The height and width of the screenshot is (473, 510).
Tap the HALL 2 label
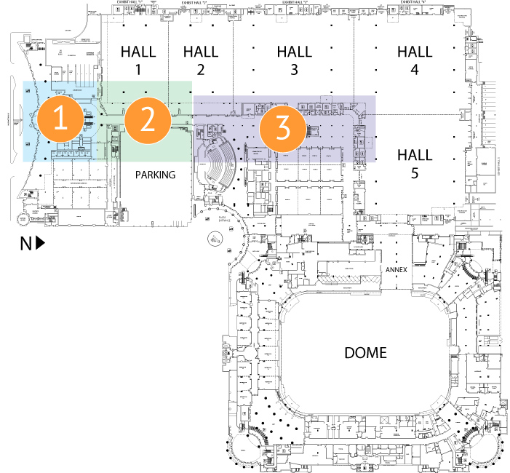coord(201,60)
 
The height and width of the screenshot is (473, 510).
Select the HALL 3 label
coord(294,60)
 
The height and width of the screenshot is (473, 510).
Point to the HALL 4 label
coord(415,60)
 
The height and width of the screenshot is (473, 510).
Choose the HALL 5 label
coord(415,164)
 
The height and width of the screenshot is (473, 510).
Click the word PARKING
coord(156,175)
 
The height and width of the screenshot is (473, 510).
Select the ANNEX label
coord(397,269)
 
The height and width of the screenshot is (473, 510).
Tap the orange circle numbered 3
coord(280,129)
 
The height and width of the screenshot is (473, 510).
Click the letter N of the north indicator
coord(25,244)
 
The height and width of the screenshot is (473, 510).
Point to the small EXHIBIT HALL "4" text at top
coord(411,3)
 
